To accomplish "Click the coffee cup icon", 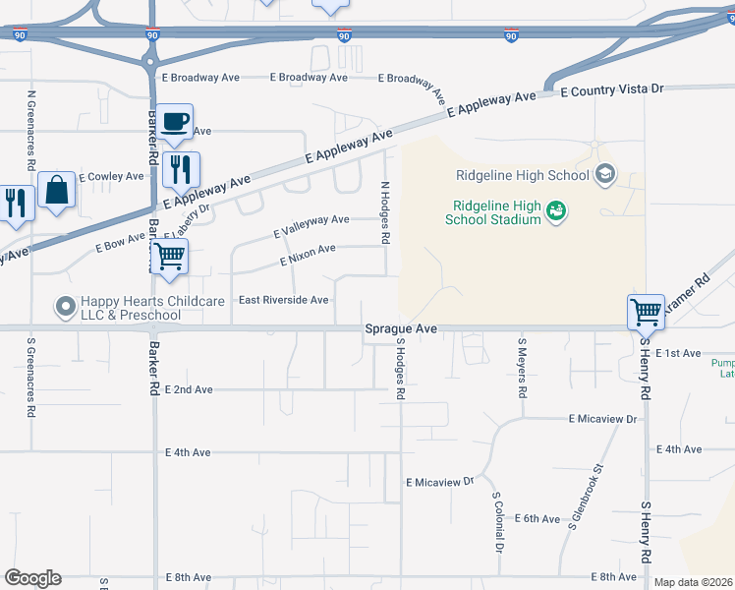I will [x=175, y=122].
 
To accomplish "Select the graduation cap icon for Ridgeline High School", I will [x=605, y=176].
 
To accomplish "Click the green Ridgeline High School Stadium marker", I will [x=556, y=211].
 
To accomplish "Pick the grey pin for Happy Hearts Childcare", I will [x=66, y=308].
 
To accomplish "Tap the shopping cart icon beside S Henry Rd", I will [x=646, y=312].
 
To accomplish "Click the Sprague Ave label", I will [x=399, y=330].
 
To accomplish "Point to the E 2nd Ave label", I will [x=189, y=389].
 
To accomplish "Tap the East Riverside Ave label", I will [x=284, y=300].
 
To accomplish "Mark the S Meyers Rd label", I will [x=522, y=368].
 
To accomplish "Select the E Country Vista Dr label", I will [x=612, y=89].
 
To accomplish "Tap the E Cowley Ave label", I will [x=111, y=177].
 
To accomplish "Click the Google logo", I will [x=32, y=578].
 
